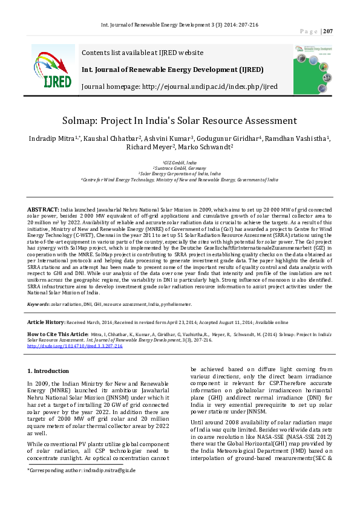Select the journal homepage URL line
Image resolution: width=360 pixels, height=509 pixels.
point(179,86)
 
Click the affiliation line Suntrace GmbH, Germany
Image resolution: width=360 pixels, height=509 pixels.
point(180,168)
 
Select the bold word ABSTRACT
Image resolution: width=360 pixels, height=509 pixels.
point(43,208)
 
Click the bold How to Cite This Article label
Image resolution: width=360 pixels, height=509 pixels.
point(58,334)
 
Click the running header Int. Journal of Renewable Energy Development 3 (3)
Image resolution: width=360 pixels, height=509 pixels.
point(180,25)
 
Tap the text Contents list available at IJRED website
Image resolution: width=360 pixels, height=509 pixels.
point(142,53)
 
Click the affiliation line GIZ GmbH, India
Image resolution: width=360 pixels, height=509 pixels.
point(180,163)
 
